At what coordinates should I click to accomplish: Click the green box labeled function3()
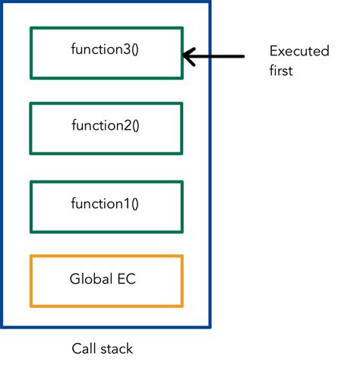pyautogui.click(x=106, y=53)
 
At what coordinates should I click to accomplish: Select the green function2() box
pyautogui.click(x=106, y=128)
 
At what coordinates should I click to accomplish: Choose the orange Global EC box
pyautogui.click(x=106, y=281)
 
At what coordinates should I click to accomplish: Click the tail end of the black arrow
pyautogui.click(x=244, y=55)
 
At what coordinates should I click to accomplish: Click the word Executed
pyautogui.click(x=299, y=51)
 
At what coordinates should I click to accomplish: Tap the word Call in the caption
pyautogui.click(x=83, y=349)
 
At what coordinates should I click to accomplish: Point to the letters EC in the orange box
pyautogui.click(x=127, y=278)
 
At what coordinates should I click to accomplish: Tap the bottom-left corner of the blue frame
pyautogui.click(x=2, y=327)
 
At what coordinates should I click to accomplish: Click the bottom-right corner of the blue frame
pyautogui.click(x=210, y=327)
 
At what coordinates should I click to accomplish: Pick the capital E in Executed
pyautogui.click(x=273, y=51)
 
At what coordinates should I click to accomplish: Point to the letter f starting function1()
pyautogui.click(x=74, y=203)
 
